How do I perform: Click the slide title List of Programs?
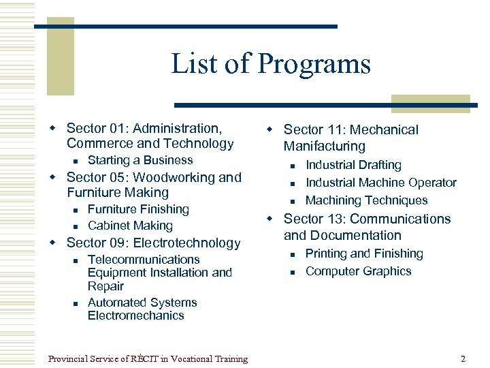coord(271,64)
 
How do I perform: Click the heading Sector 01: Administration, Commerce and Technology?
coord(150,136)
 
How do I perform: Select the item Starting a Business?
coord(140,160)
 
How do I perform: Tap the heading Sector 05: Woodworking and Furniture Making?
coord(153,185)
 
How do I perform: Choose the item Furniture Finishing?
coord(138,209)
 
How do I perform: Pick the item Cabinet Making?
coord(130,226)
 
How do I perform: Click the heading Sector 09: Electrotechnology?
coord(153,243)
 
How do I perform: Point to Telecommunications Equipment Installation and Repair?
coord(159,273)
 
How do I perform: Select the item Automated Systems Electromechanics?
coord(142,309)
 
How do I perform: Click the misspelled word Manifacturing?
coord(324,146)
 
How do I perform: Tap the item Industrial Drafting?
coord(353,165)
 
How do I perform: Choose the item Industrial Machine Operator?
coord(380,183)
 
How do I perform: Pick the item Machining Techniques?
coord(366,200)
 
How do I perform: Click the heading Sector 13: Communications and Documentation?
coord(366,227)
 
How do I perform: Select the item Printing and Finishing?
coord(364,254)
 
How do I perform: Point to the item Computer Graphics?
coord(358,271)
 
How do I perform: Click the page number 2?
coord(463,358)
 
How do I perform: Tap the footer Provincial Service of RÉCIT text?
coord(148,358)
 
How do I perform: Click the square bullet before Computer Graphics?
coord(290,272)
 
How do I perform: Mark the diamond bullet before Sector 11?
coord(269,129)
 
